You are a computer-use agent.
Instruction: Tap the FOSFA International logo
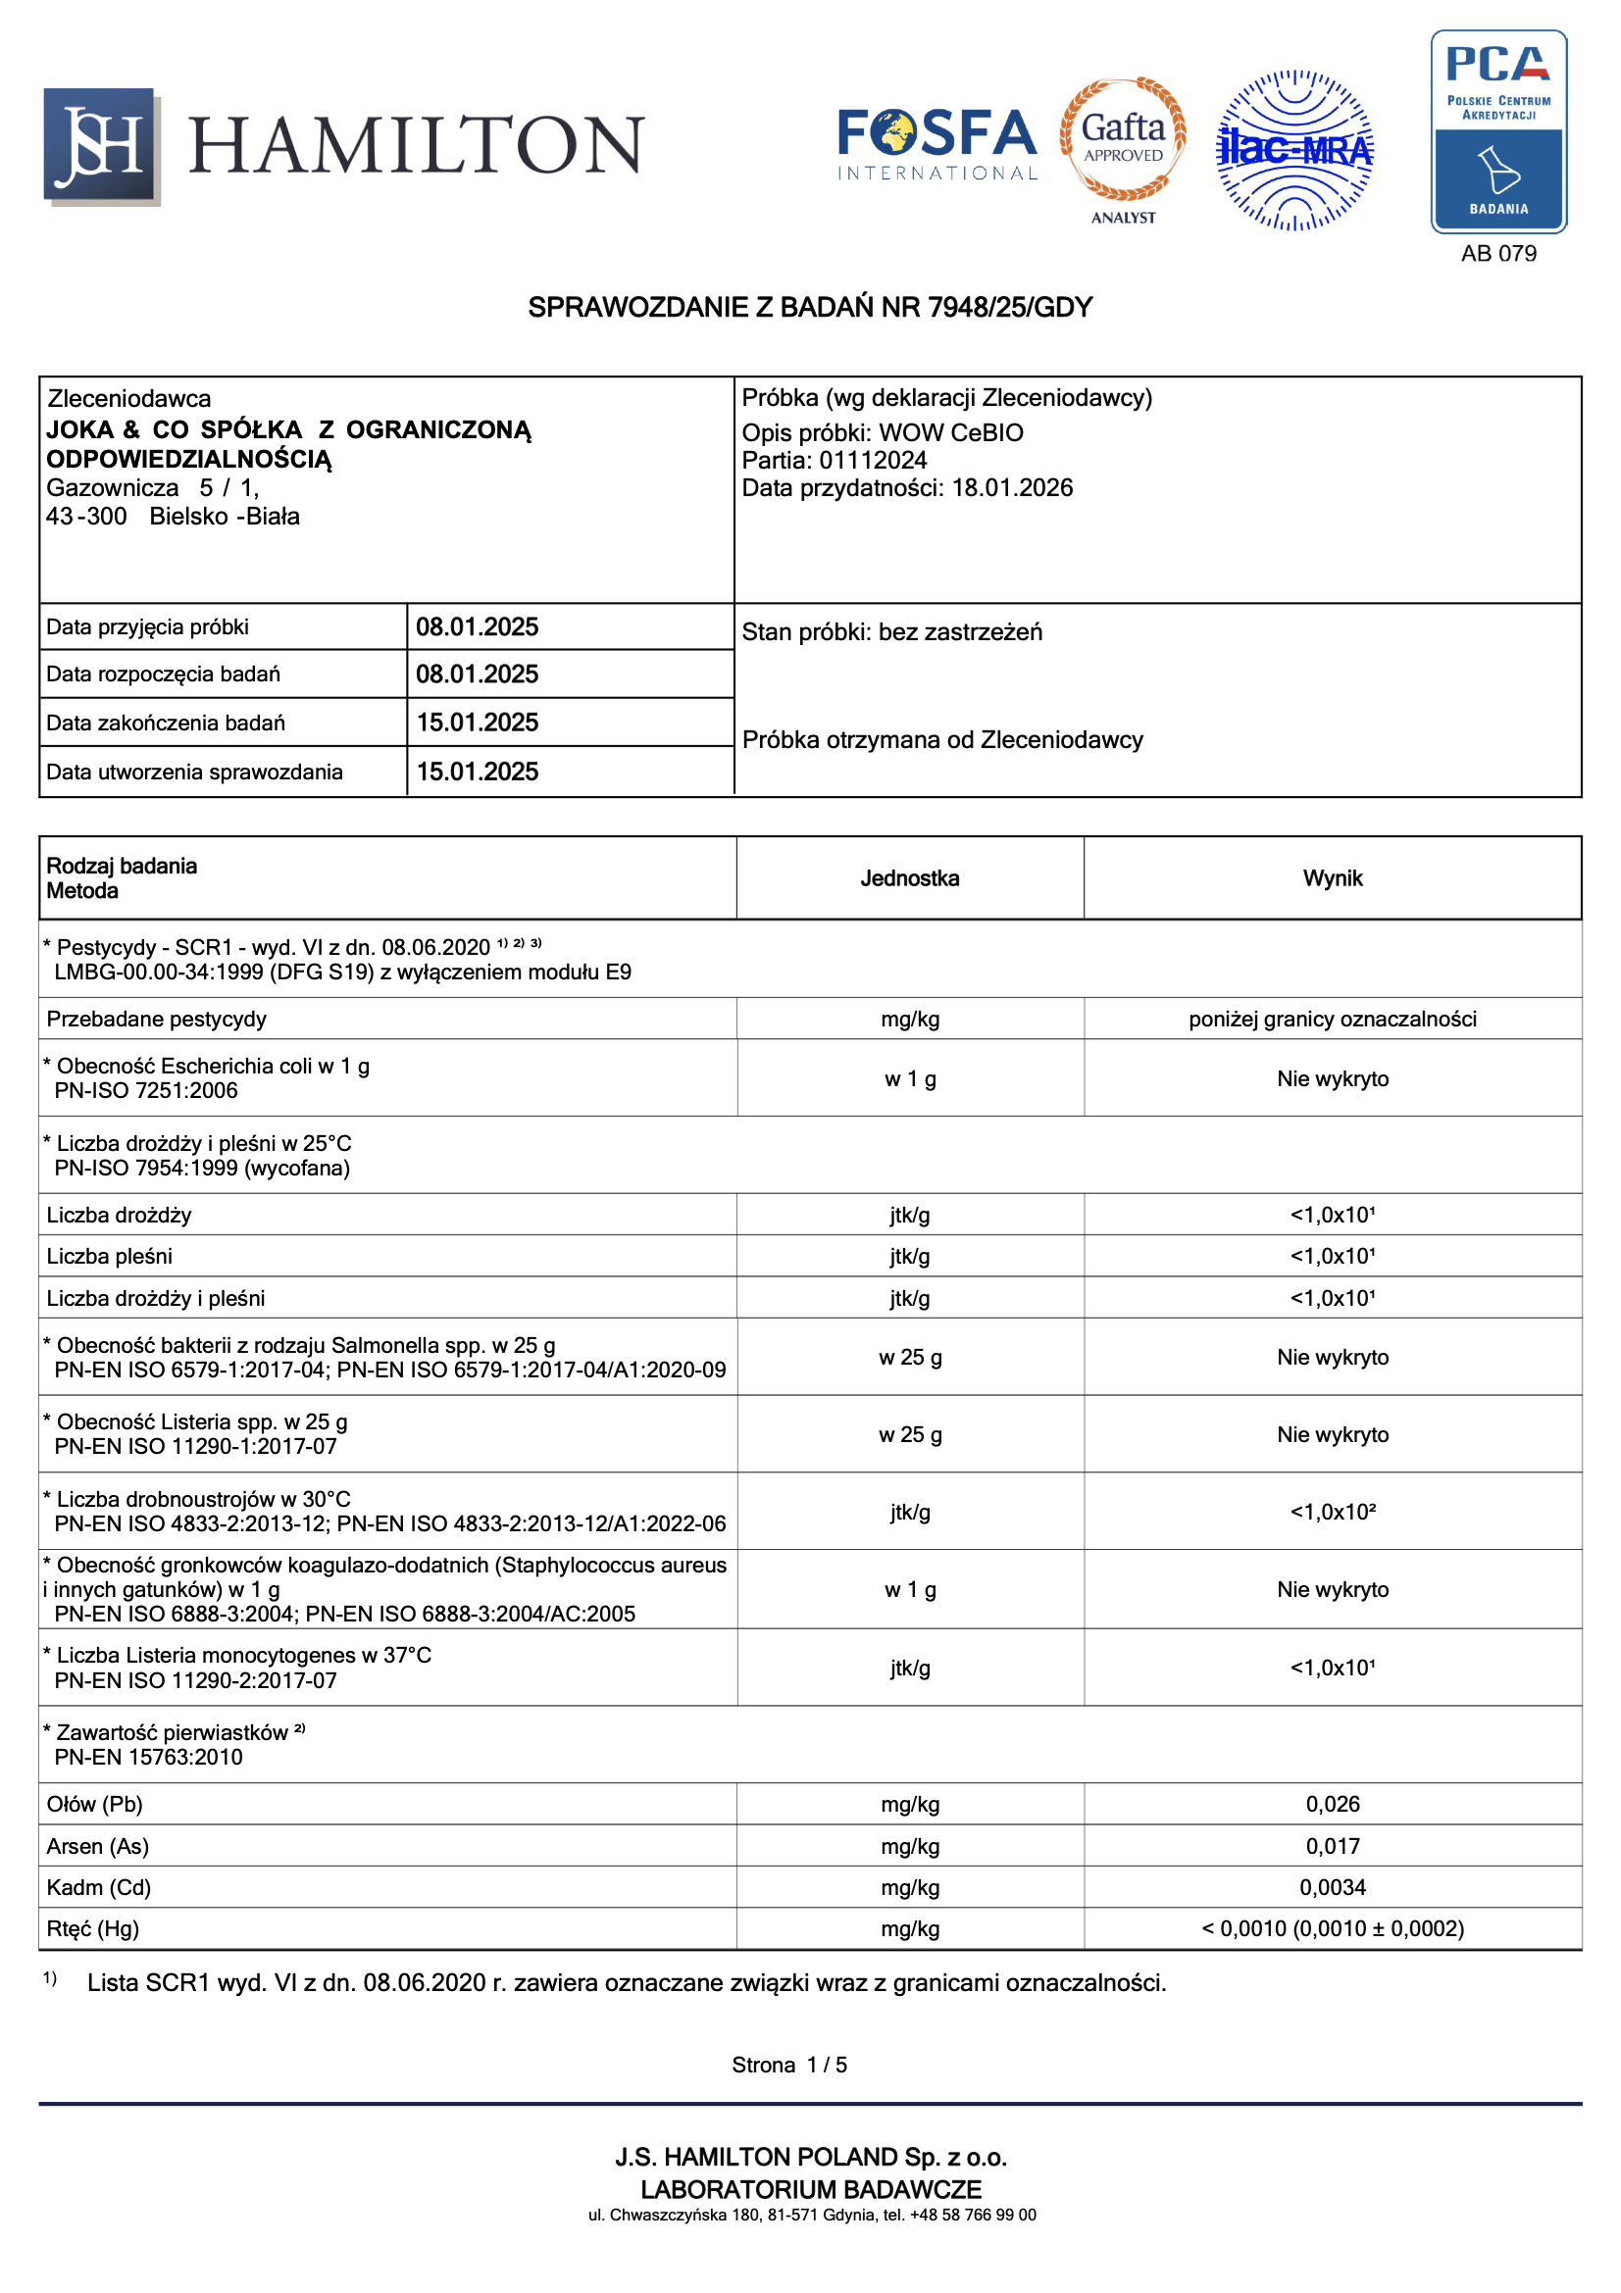[x=936, y=145]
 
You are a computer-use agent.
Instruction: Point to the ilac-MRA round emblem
[x=1294, y=151]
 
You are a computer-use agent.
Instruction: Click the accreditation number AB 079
[x=1498, y=254]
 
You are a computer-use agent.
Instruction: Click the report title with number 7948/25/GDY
[x=810, y=308]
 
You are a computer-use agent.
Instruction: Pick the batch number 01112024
[x=873, y=461]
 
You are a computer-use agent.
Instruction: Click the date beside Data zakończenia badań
[x=478, y=723]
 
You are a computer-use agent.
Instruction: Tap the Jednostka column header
[x=910, y=878]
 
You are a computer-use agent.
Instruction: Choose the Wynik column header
[x=1333, y=878]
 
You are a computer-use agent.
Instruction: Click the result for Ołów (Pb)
[x=1333, y=1805]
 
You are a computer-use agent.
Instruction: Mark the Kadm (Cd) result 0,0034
[x=1333, y=1887]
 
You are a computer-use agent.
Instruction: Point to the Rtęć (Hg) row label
[x=93, y=1929]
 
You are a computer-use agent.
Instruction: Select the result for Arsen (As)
[x=1333, y=1847]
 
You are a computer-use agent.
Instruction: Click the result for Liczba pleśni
[x=1333, y=1257]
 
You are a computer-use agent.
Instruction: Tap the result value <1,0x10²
[x=1333, y=1512]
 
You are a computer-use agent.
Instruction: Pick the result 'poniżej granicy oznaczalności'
[x=1333, y=1020]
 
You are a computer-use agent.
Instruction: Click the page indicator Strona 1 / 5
[x=789, y=2066]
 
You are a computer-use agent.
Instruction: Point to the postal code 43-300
[x=87, y=518]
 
